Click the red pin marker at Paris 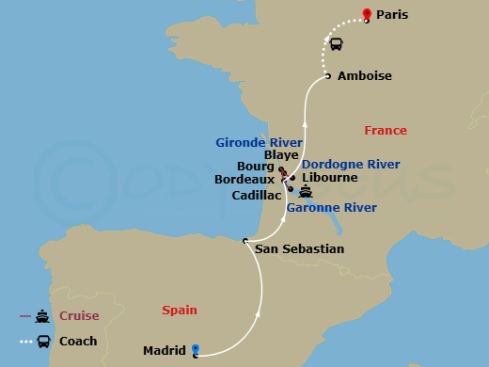point(367,14)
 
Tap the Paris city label point(396,16)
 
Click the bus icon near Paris point(334,43)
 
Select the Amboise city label point(364,75)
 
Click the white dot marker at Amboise point(326,75)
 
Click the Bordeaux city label point(244,179)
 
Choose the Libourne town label point(331,177)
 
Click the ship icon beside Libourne point(305,191)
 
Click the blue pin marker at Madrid point(196,350)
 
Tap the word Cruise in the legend point(80,316)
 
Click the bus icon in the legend point(44,342)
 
